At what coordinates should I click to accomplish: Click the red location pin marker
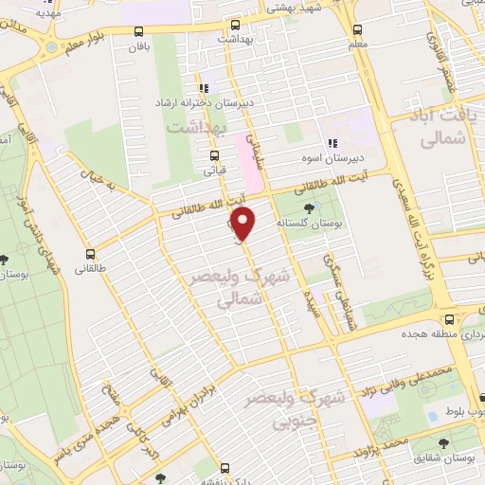[244, 225]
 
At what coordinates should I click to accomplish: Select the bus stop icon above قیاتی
[215, 155]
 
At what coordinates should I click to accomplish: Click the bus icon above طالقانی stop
[91, 254]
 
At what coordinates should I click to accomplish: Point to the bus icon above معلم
[357, 28]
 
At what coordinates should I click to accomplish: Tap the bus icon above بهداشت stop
[231, 25]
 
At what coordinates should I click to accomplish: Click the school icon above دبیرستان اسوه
[332, 141]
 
